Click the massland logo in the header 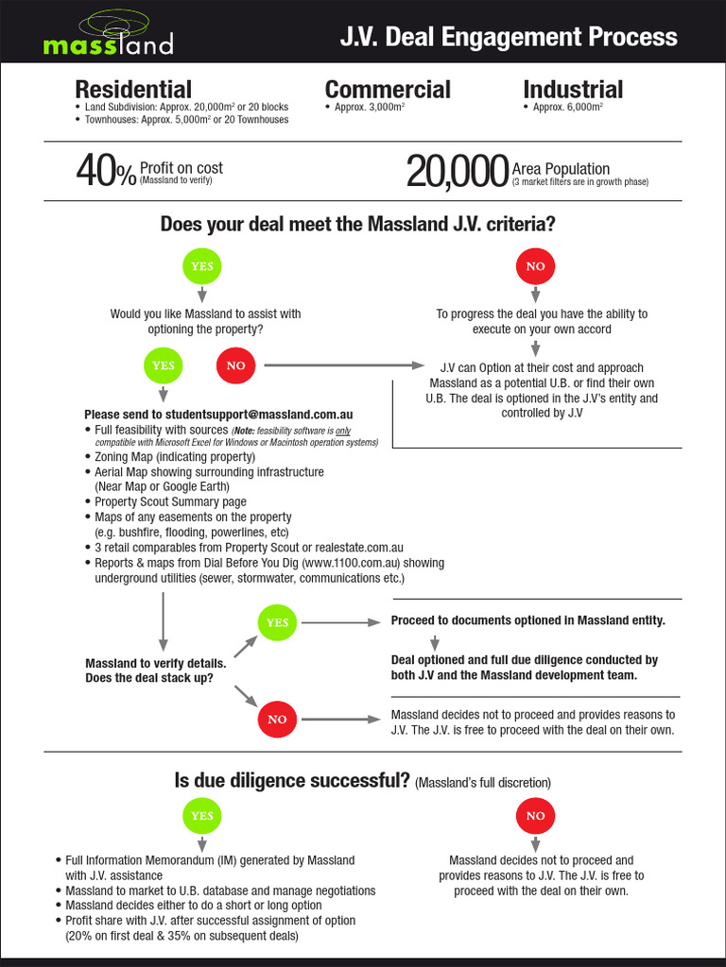108,35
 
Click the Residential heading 133,90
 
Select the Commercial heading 388,90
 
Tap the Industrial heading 573,90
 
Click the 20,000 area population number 458,172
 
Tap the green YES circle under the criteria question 202,266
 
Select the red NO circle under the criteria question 535,266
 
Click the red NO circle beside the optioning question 236,365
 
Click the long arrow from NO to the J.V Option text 344,365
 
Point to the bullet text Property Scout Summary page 170,502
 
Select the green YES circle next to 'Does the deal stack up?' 277,622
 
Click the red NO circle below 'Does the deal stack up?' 277,719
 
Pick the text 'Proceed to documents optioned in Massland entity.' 527,620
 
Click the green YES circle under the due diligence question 202,815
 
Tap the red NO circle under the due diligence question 535,815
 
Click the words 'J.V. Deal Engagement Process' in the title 509,37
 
